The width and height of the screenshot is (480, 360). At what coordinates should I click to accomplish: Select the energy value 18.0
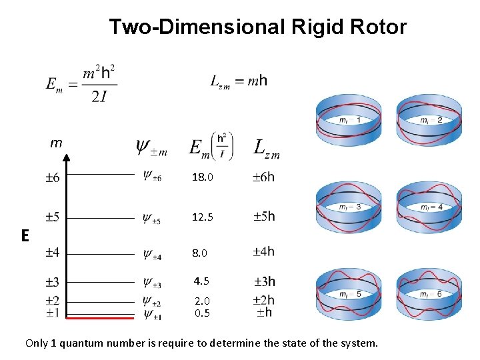[x=203, y=178]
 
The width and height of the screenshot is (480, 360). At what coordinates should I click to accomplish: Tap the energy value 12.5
[x=203, y=217]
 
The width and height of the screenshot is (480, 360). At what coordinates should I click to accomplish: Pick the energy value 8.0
[x=200, y=253]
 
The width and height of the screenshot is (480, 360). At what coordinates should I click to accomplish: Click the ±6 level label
[x=52, y=177]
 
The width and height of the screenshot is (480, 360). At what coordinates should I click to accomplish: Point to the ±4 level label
[x=52, y=253]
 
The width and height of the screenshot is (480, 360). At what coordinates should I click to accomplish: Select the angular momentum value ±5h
[x=264, y=217]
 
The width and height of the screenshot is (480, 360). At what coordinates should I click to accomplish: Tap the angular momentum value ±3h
[x=264, y=281]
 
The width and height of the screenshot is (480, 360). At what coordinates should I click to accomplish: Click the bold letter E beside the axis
[x=25, y=235]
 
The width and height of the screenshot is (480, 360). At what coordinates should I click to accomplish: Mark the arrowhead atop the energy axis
[x=67, y=158]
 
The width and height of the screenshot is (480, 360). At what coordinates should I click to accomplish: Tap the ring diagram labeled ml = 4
[x=429, y=207]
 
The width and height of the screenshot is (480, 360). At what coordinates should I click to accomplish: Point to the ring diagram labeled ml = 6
[x=429, y=294]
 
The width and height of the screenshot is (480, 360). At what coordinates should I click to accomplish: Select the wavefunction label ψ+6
[x=151, y=176]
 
